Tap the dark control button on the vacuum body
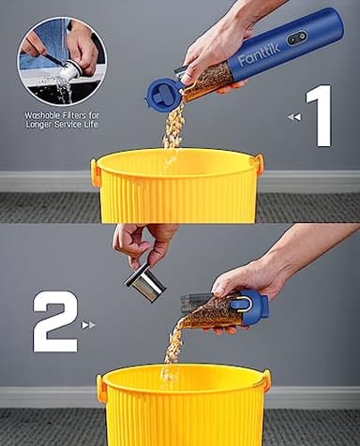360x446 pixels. pyautogui.click(x=297, y=37)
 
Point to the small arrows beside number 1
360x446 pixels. pyautogui.click(x=294, y=117)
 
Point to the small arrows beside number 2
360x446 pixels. pyautogui.click(x=89, y=325)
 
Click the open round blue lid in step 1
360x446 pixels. pyautogui.click(x=163, y=93)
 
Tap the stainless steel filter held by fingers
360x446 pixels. pyautogui.click(x=145, y=280)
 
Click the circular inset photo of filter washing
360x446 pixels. pyautogui.click(x=61, y=61)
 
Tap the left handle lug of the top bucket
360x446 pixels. pyautogui.click(x=96, y=171)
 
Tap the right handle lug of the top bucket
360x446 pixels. pyautogui.click(x=258, y=164)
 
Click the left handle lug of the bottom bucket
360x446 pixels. pyautogui.click(x=101, y=387)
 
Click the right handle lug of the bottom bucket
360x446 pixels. pyautogui.click(x=266, y=379)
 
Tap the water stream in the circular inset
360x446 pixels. pyautogui.click(x=61, y=86)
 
